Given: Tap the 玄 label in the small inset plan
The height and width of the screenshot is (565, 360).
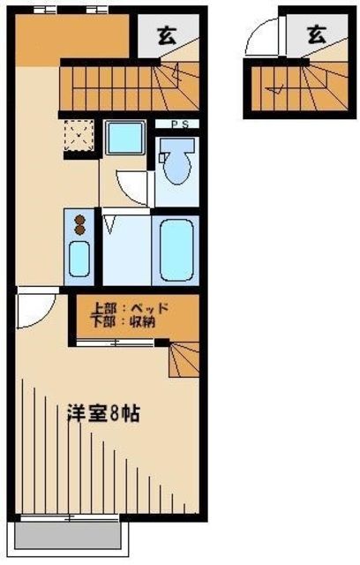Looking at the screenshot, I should click(316, 34).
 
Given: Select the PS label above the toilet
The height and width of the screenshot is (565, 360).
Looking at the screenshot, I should click(177, 124).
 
